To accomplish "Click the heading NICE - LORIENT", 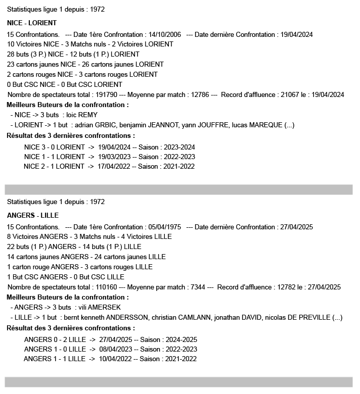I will pyautogui.click(x=32, y=23).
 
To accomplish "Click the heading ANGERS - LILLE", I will pyautogui.click(x=33, y=216).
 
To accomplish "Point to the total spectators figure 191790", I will pyautogui.click(x=105, y=94).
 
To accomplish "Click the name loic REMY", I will pyautogui.click(x=82, y=115).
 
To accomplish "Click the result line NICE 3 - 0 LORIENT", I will pyautogui.click(x=54, y=147).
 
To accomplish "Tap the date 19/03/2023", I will pyautogui.click(x=114, y=157).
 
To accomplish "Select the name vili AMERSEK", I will pyautogui.click(x=99, y=307).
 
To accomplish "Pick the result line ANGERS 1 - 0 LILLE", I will pyautogui.click(x=55, y=349).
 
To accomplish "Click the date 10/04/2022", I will pyautogui.click(x=115, y=359).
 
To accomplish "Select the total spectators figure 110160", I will pyautogui.click(x=105, y=287).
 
